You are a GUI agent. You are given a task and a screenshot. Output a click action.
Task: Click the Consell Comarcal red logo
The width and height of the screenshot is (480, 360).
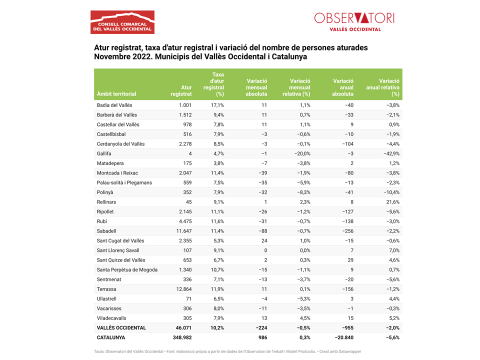[x=122, y=22]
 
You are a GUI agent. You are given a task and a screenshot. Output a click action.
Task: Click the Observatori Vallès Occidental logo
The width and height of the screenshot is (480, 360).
[x=354, y=21]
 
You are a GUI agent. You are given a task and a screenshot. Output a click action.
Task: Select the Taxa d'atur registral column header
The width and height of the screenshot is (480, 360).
[x=213, y=84]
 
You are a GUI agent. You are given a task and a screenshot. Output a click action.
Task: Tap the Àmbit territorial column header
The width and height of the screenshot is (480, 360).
[x=116, y=93]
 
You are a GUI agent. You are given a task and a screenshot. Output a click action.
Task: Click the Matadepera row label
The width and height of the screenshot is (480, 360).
[x=110, y=163]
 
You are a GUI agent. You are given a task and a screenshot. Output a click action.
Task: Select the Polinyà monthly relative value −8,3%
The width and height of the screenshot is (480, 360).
[x=302, y=192]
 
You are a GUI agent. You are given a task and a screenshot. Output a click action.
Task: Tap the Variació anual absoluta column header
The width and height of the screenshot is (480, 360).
[x=343, y=87]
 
